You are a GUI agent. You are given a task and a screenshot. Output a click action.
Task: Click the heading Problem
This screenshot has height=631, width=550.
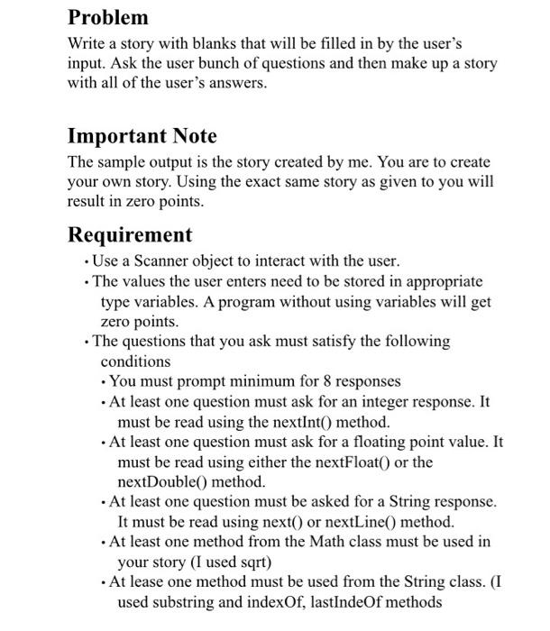point(108,17)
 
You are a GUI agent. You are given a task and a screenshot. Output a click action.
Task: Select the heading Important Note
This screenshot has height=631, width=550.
point(142,136)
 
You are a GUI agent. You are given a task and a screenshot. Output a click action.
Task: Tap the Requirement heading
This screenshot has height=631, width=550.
point(130,234)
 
